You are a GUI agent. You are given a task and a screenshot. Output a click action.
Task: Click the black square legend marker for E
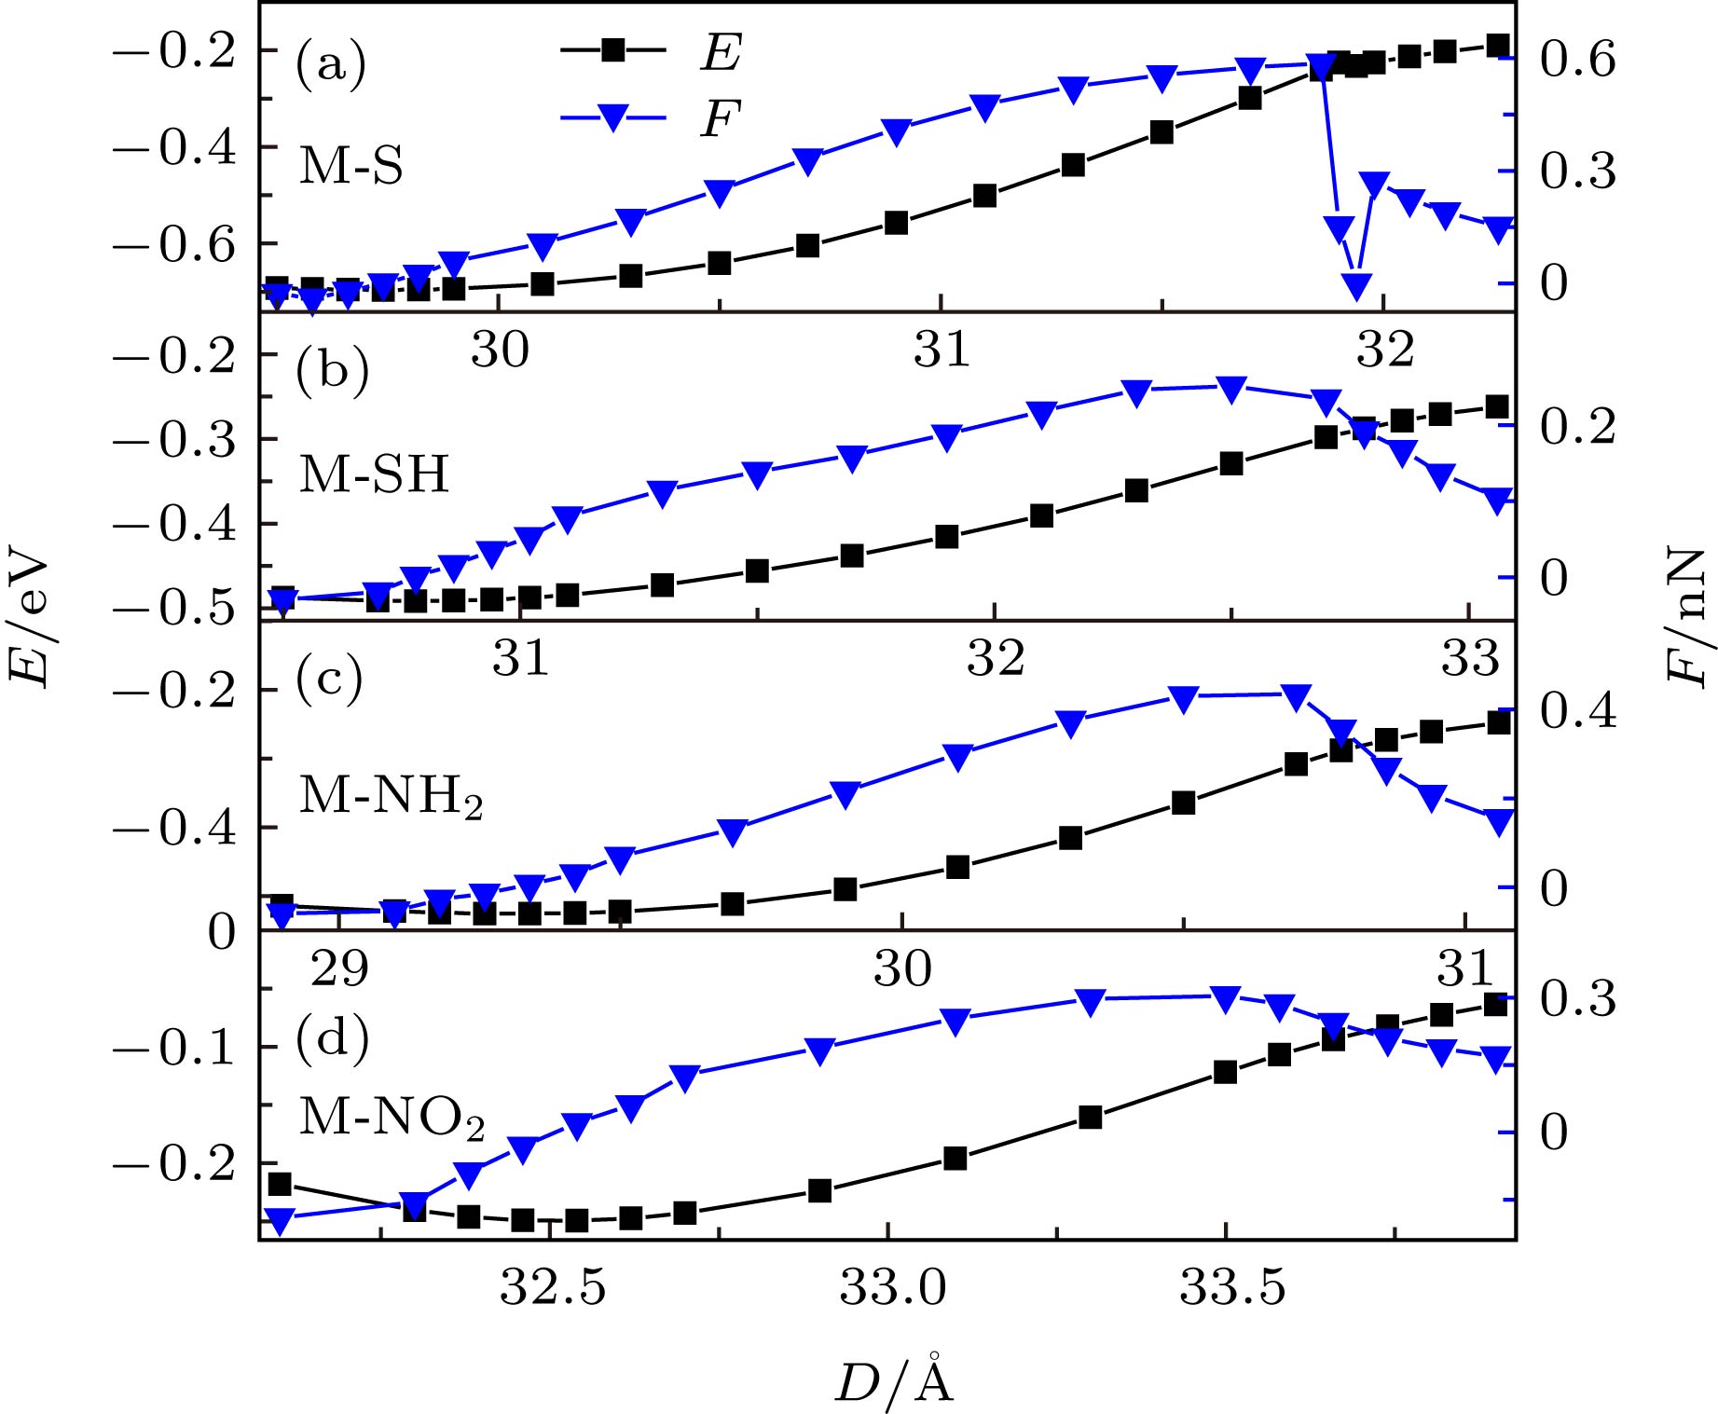tap(612, 49)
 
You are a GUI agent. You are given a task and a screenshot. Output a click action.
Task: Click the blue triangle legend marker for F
tap(612, 117)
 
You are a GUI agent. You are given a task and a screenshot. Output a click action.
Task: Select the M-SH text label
tap(374, 474)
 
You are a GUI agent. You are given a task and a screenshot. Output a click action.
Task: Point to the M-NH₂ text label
tap(391, 797)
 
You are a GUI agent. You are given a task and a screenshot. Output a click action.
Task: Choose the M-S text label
tap(350, 167)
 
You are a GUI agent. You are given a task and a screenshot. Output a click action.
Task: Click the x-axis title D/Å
tap(894, 1380)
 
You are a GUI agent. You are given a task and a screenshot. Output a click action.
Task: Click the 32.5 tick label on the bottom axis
tap(553, 1288)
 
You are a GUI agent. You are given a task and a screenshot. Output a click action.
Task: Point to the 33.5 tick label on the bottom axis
tap(1232, 1288)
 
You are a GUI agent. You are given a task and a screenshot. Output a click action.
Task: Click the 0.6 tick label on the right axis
tap(1577, 60)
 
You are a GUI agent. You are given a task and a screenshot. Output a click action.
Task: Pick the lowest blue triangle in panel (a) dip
tap(1357, 285)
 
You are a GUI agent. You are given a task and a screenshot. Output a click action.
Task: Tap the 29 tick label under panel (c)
tap(339, 968)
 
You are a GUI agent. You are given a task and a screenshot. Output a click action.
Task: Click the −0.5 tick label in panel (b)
tap(174, 609)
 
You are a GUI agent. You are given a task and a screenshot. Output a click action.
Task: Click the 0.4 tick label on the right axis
tap(1577, 711)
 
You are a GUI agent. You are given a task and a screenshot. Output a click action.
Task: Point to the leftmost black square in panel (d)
tap(279, 1185)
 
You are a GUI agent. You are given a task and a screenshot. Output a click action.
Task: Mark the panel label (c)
tap(329, 680)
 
